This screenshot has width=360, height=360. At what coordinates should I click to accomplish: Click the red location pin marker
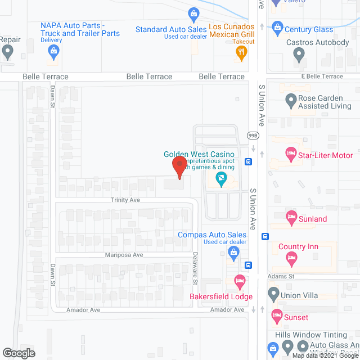179,166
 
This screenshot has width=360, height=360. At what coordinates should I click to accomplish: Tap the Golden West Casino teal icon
221,180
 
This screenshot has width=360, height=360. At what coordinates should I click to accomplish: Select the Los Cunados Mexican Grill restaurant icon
241,53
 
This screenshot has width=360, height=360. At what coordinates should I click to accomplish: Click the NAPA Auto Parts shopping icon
53,52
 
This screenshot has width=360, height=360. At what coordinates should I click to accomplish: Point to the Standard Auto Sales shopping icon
193,13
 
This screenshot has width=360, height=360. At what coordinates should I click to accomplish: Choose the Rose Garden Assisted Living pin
291,101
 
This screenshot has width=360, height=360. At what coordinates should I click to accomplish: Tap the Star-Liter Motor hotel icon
291,152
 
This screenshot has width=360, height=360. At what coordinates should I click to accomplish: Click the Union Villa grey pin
273,293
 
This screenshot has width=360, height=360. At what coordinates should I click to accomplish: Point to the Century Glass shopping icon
277,26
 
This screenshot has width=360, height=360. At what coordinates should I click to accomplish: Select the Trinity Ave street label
125,200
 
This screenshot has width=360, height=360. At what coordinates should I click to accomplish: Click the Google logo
18,353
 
